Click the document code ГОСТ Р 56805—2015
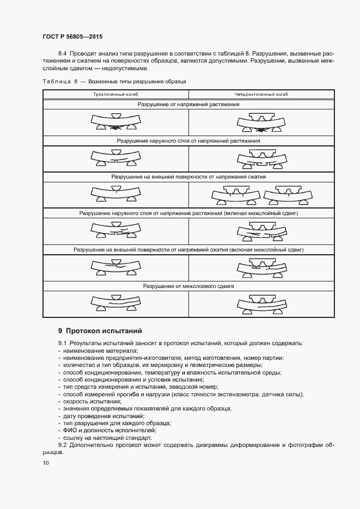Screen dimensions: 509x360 (x=72, y=37)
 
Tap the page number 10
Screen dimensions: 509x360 (x=45, y=463)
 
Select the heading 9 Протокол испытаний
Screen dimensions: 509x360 (x=100, y=331)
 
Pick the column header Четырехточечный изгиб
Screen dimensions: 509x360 (x=261, y=94)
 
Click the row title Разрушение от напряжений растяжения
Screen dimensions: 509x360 (x=188, y=103)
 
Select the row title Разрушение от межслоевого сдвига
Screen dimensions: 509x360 (x=188, y=286)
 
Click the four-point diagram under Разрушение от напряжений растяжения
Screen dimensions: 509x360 (x=261, y=122)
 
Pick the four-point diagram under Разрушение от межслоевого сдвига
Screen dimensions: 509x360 (x=261, y=304)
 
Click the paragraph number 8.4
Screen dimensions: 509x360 (x=63, y=54)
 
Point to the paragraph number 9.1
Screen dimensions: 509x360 (x=63, y=344)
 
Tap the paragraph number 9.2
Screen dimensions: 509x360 (x=63, y=445)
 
